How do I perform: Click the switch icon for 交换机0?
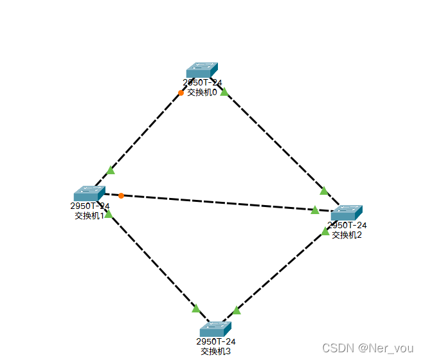pos(202,70)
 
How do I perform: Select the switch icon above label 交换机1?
pos(89,194)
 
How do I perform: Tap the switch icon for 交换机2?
pos(346,213)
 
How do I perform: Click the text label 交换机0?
pos(202,93)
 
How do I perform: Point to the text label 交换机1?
pos(89,215)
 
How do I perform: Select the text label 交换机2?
pos(347,235)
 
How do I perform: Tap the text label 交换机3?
pos(215,351)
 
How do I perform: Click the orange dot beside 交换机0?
pos(181,93)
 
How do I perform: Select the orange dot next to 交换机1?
pos(121,195)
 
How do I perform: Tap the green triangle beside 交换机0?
pos(224,93)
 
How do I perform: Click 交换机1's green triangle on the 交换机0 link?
pos(111,170)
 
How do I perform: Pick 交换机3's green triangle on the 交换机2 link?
pos(236,310)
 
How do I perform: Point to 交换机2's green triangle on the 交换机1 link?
pos(315,210)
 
